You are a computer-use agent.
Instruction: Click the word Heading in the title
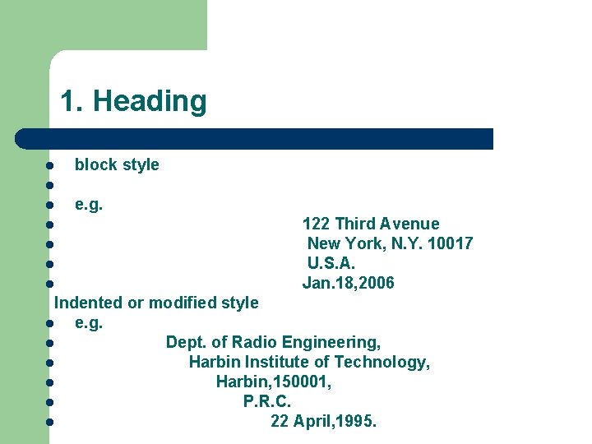(x=150, y=101)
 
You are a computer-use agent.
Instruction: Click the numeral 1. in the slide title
(x=72, y=101)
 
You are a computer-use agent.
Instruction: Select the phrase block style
(x=117, y=164)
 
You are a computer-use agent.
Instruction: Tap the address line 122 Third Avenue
(x=371, y=224)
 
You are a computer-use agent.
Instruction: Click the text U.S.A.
(x=331, y=263)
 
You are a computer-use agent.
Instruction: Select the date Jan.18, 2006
(x=349, y=283)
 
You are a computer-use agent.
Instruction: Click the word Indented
(x=88, y=303)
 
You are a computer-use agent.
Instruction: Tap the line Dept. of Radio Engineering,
(x=273, y=342)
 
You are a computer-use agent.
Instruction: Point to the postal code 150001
(x=303, y=382)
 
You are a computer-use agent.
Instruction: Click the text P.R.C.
(x=267, y=401)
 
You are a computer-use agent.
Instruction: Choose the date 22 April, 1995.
(x=324, y=421)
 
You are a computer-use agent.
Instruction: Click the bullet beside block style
(x=50, y=165)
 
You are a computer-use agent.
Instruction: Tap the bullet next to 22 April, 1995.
(x=50, y=422)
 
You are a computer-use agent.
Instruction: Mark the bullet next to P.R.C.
(x=50, y=402)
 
